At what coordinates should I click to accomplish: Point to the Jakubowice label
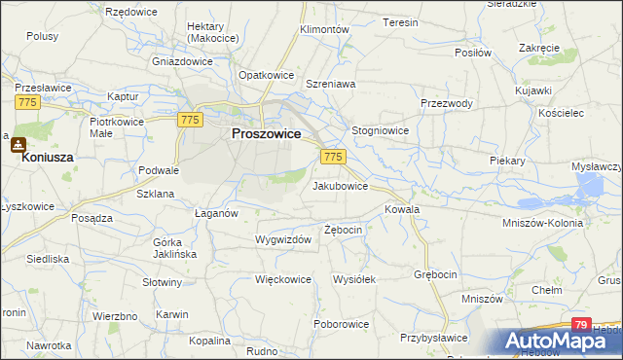coord(340,185)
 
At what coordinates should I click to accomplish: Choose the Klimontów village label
coord(324,30)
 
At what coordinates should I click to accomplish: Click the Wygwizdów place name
coord(282,239)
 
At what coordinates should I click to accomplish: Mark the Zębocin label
coord(343,230)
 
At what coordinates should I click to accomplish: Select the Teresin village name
coord(400,21)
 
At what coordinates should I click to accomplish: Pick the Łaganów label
coord(217,213)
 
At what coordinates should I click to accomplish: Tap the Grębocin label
coord(435,274)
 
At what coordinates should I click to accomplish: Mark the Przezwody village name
coord(447,104)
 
